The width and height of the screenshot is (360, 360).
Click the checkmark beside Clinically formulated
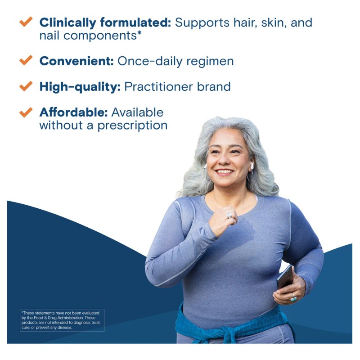(26, 22)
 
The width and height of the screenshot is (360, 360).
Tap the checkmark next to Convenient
(26, 60)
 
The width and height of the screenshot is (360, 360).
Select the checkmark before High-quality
(26, 85)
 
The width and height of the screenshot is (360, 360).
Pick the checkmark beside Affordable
(26, 112)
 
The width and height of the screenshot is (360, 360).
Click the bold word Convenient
(76, 61)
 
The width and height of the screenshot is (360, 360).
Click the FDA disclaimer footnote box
(62, 320)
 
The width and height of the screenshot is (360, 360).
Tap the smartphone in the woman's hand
(285, 277)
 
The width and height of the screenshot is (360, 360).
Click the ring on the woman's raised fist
(229, 215)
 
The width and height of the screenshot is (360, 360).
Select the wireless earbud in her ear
(252, 166)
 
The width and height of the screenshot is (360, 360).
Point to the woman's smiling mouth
(225, 172)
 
